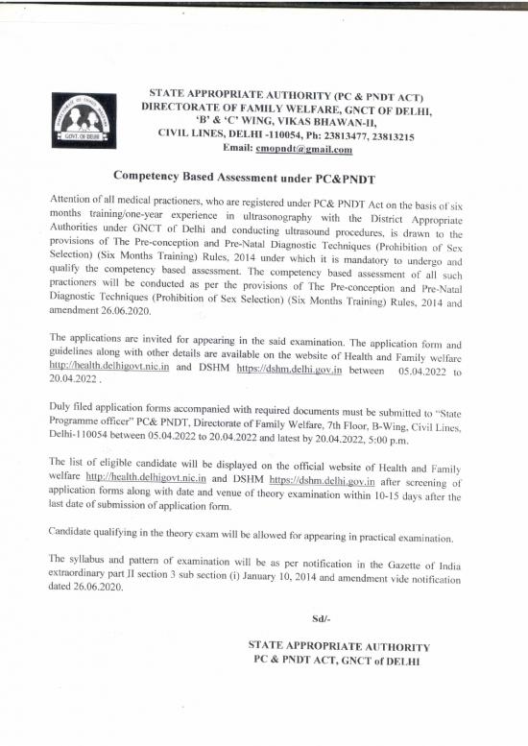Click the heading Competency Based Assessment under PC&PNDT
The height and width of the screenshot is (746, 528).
244,178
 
